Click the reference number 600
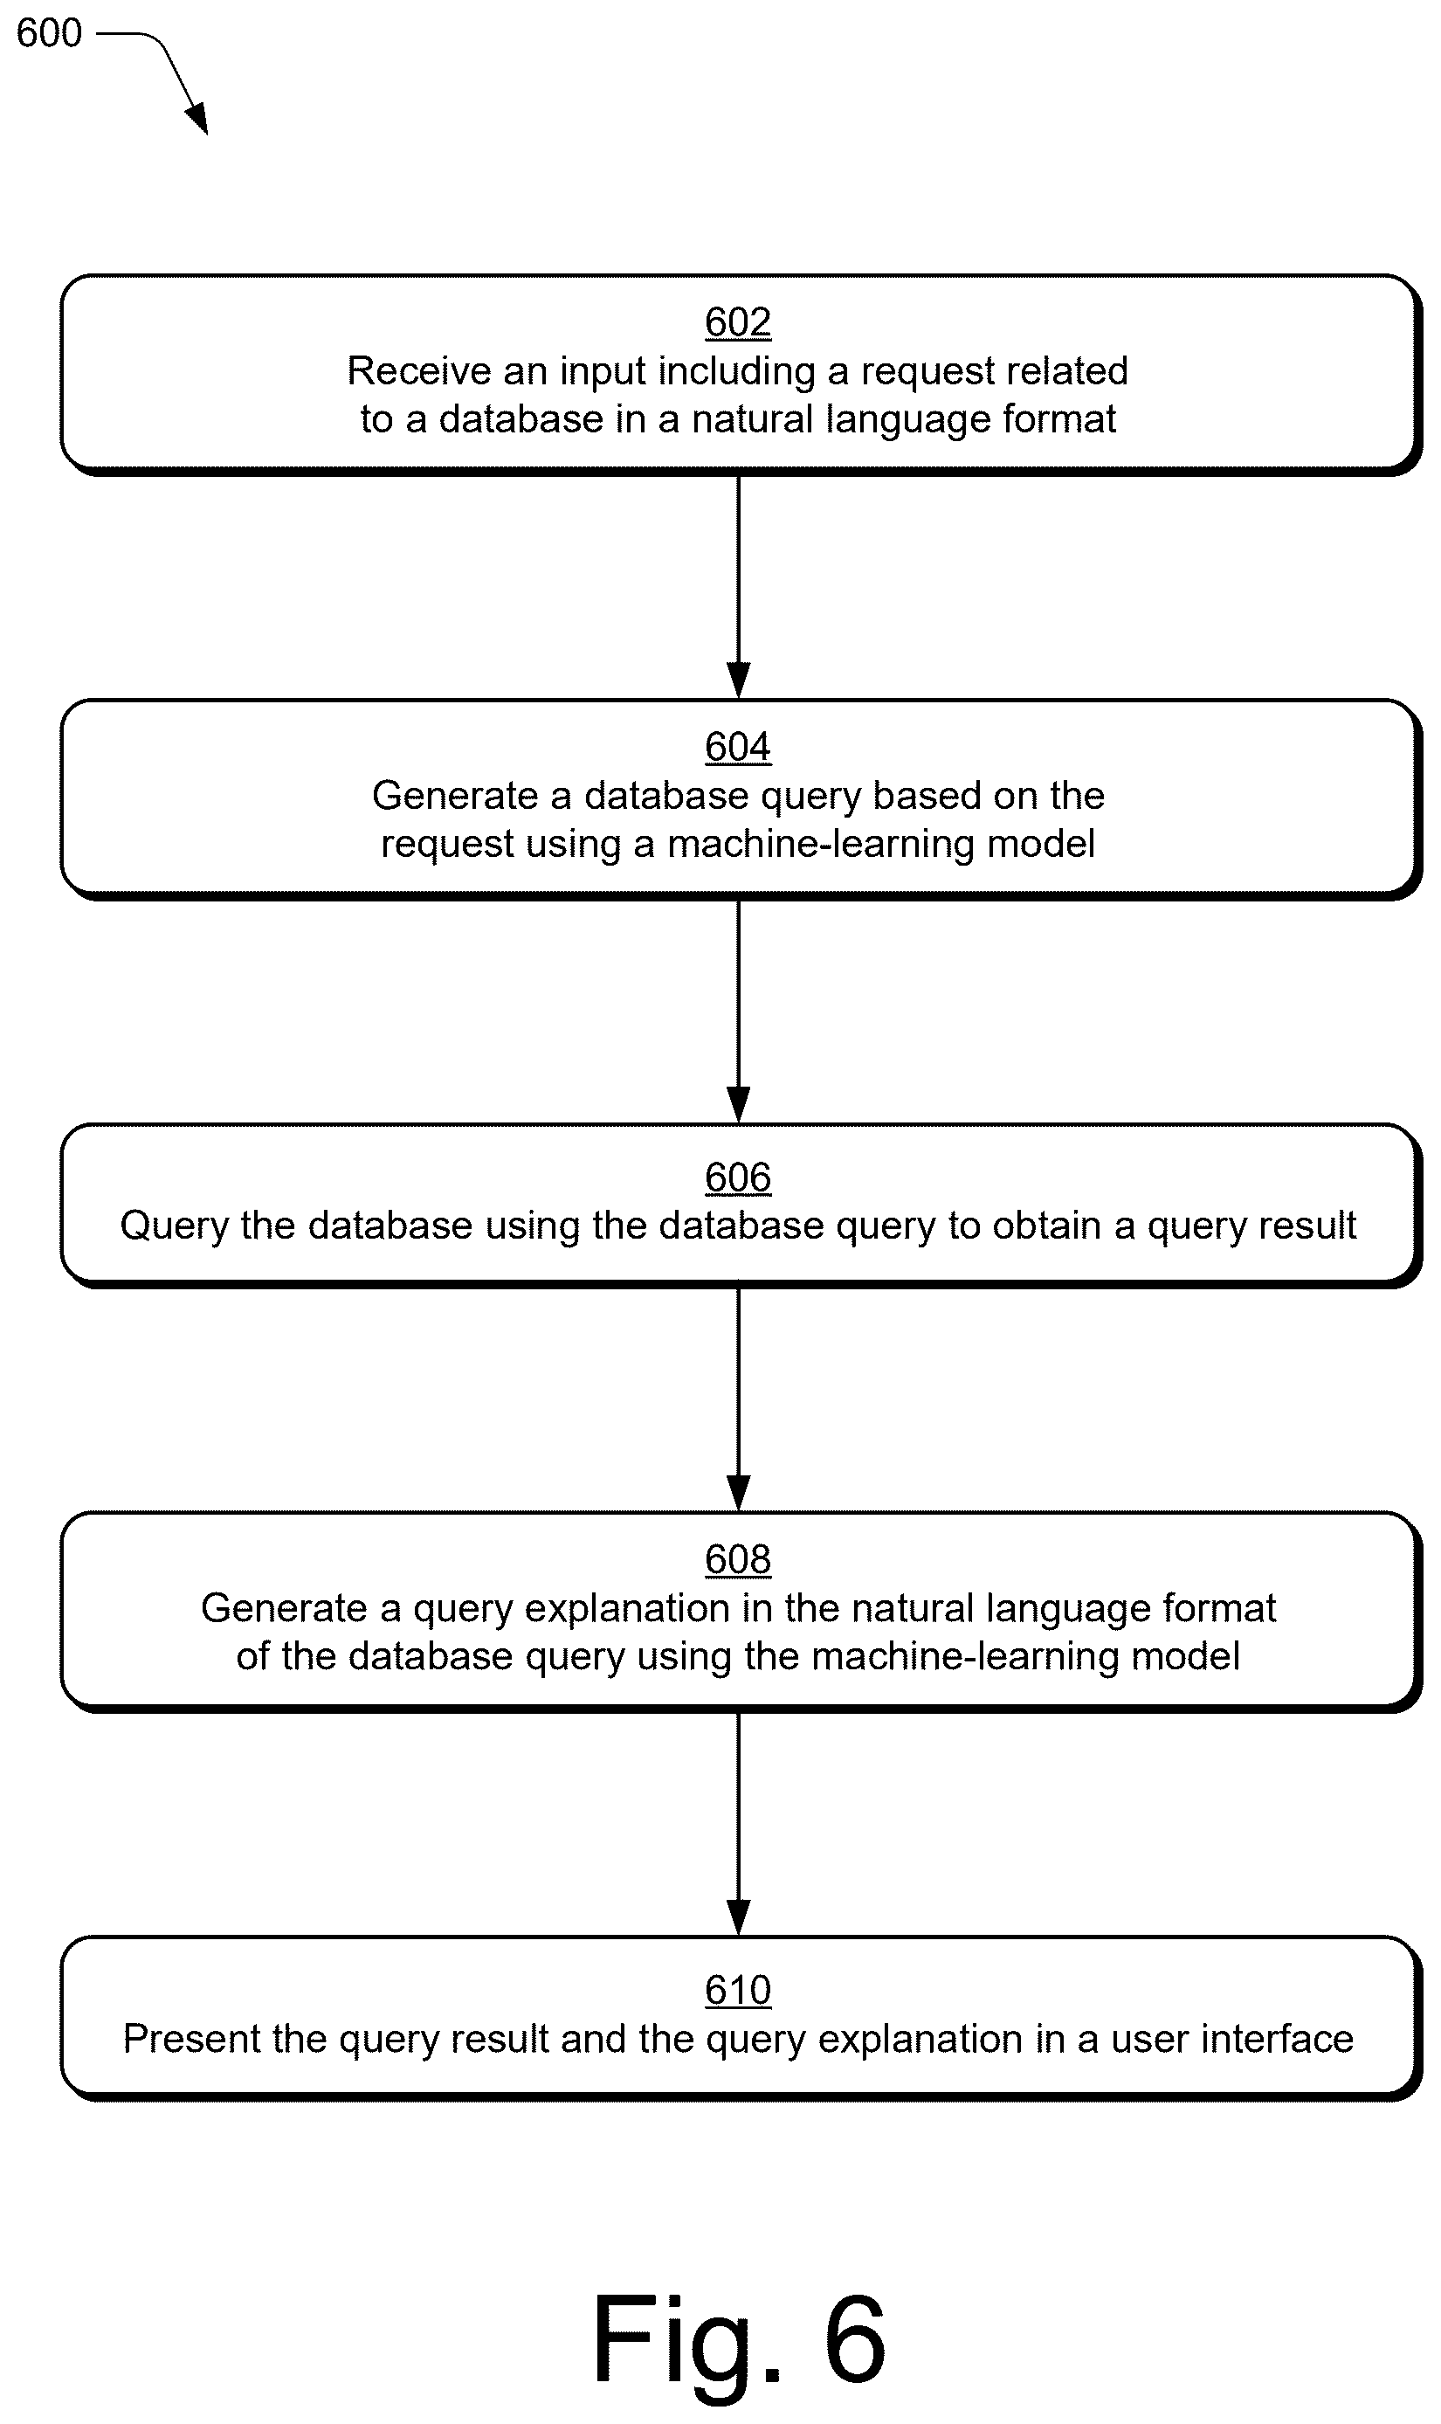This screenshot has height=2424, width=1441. click(50, 33)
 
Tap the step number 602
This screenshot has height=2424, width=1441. click(738, 321)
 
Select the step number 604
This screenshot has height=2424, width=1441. click(738, 747)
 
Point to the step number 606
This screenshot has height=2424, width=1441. click(738, 1177)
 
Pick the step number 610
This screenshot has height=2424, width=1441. click(738, 1990)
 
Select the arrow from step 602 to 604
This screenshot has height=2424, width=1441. click(739, 587)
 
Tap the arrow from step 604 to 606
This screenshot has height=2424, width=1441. click(739, 1012)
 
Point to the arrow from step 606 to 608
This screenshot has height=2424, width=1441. click(739, 1399)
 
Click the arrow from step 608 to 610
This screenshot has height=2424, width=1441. click(739, 1825)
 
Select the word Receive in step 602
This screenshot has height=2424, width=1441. click(419, 371)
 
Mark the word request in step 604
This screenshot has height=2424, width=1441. click(445, 845)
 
